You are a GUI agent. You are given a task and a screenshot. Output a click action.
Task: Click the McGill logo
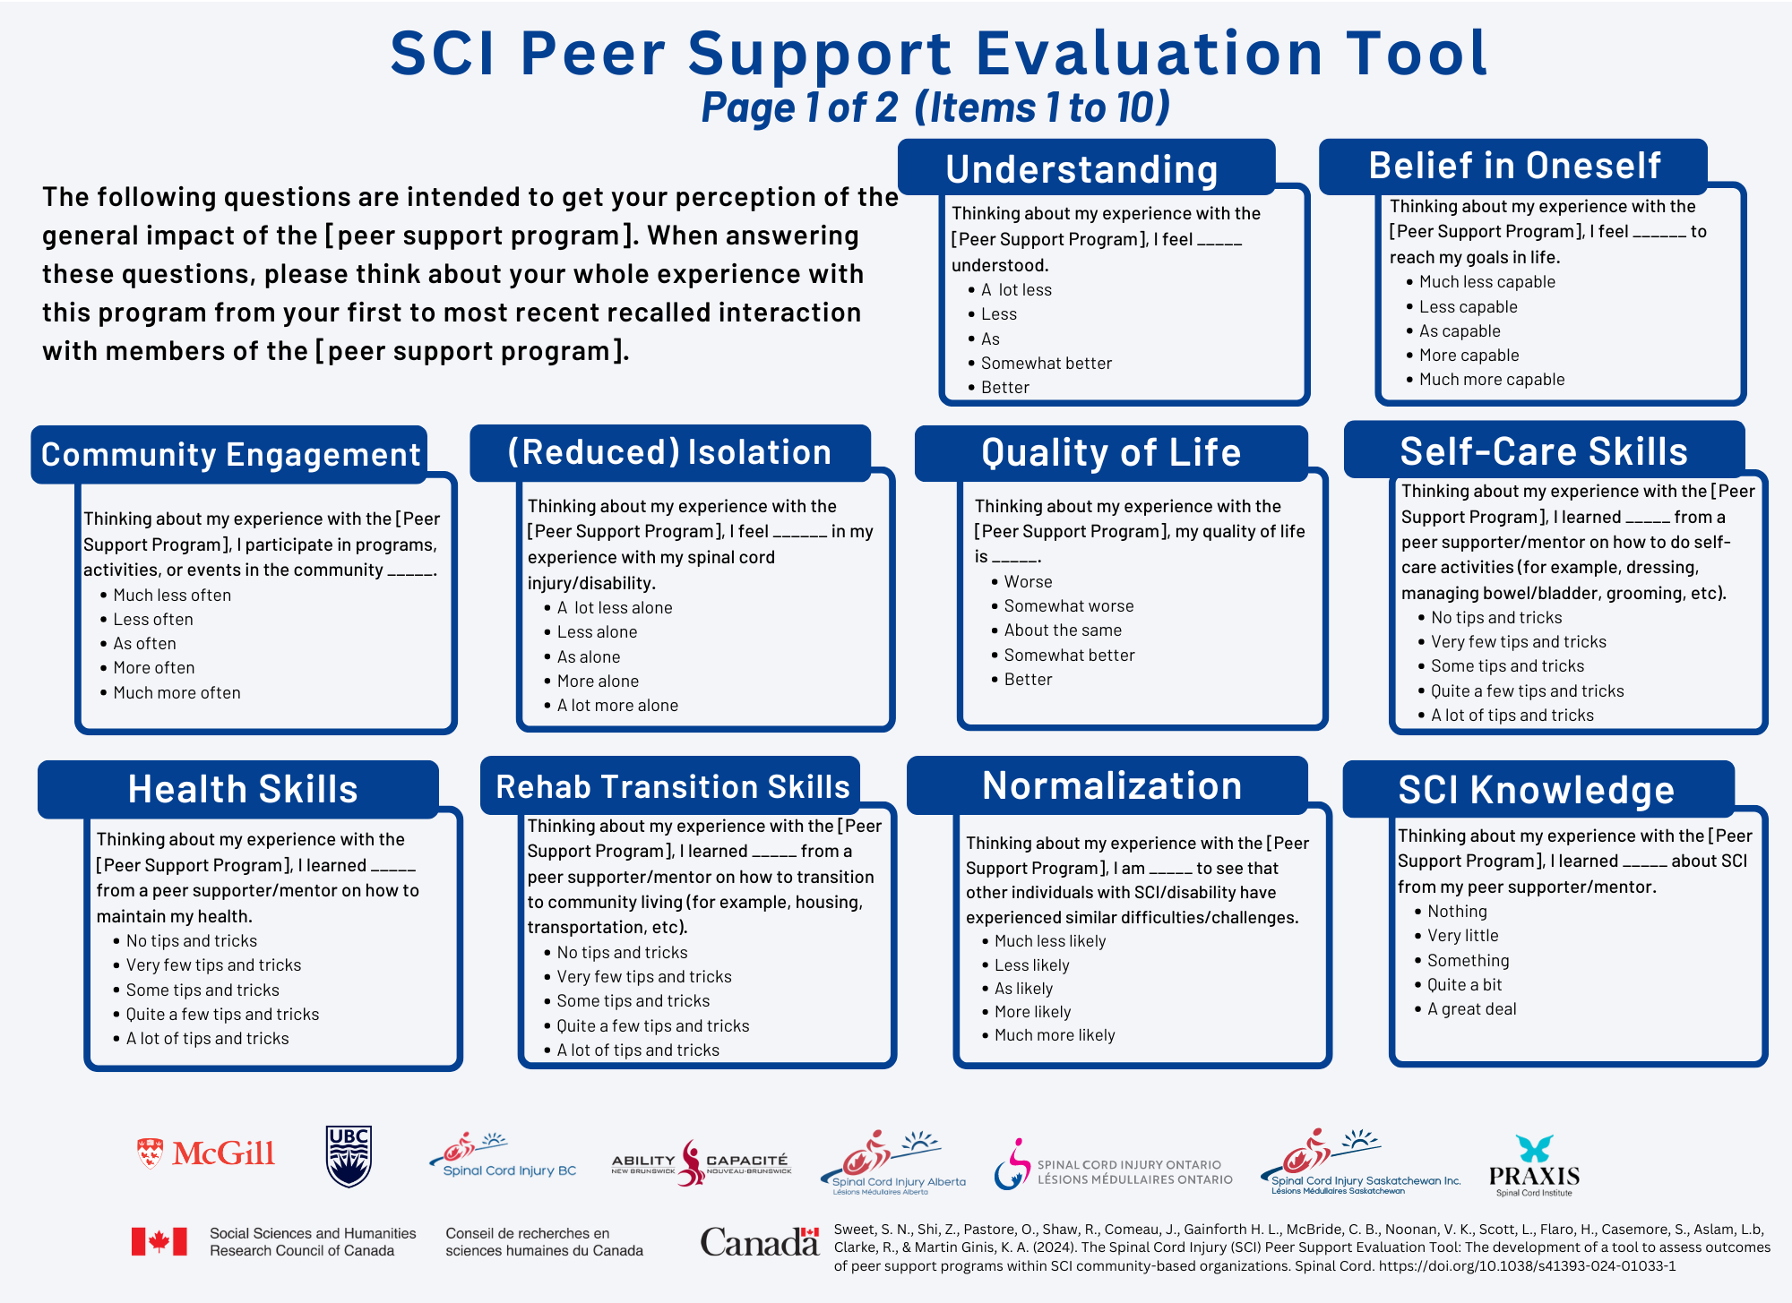[x=205, y=1153]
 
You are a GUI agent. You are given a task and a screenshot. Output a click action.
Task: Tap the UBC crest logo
[x=349, y=1156]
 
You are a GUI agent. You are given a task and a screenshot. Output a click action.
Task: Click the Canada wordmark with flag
[x=760, y=1242]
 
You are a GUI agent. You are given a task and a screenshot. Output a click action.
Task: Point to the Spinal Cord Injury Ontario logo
[x=1113, y=1165]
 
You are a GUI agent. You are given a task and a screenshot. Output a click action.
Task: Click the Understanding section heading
[x=1081, y=169]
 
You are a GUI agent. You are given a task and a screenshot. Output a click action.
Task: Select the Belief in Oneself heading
[x=1514, y=166]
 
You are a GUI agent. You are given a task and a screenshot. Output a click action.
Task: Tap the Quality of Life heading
[x=1111, y=452]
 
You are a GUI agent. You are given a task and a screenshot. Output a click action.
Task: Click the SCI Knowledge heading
[x=1536, y=790]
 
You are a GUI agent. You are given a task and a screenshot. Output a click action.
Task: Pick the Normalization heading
[x=1112, y=785]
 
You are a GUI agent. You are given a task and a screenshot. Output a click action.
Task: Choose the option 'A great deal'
[x=1471, y=1009]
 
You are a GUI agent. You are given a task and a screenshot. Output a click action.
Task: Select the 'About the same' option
[x=1063, y=630]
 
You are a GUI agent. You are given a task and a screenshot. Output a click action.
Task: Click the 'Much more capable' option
[x=1492, y=380]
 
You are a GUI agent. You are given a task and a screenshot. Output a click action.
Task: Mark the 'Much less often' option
[x=172, y=596]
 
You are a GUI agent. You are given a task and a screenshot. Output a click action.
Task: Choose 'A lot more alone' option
[x=617, y=706]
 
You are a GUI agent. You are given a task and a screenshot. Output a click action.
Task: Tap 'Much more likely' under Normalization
[x=1055, y=1035]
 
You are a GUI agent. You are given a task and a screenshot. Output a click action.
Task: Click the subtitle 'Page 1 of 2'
[x=799, y=107]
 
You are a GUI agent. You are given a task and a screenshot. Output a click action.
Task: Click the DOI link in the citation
[x=1527, y=1266]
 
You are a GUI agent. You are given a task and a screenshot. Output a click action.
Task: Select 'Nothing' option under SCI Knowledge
[x=1457, y=912]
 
